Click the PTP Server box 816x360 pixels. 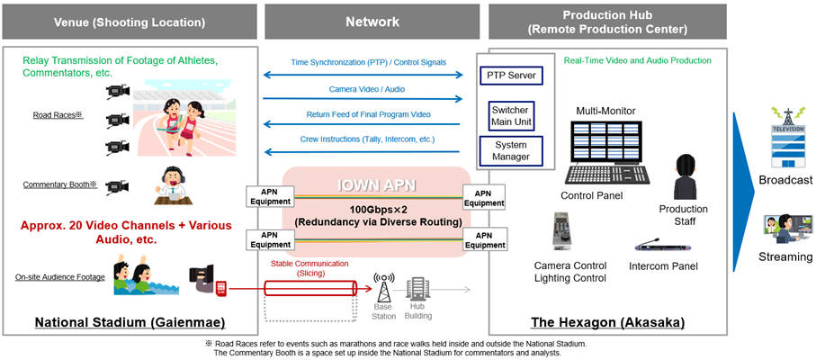[x=509, y=75]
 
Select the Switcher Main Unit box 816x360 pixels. [x=509, y=115]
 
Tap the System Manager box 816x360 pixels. [x=509, y=151]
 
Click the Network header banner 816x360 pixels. [x=373, y=21]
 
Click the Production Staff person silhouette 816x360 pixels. [x=688, y=176]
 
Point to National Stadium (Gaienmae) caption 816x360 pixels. [x=130, y=322]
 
